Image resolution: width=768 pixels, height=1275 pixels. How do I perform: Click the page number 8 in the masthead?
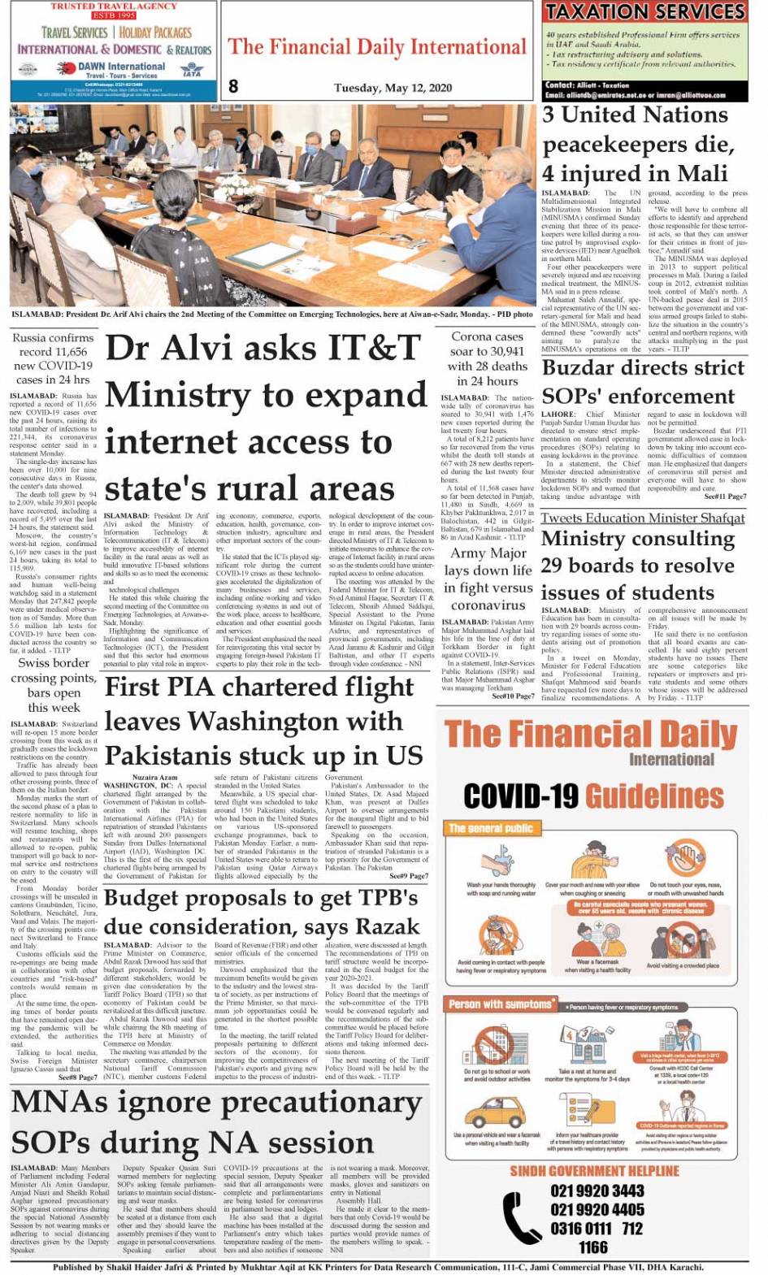coord(233,85)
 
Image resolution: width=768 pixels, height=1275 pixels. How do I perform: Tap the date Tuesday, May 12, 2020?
coord(393,87)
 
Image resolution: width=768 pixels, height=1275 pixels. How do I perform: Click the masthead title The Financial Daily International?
coord(377,47)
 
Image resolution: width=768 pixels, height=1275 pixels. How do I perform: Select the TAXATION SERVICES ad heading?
coord(645,12)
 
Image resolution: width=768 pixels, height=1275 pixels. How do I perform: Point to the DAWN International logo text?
coord(121,67)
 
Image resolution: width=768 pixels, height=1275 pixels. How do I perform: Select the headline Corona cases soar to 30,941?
coord(487,358)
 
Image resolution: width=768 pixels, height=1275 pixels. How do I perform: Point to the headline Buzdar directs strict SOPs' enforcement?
coord(642,382)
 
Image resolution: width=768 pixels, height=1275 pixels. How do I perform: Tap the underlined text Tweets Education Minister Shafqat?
coord(642,518)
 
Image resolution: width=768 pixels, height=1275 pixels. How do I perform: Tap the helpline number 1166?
coord(592,1247)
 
